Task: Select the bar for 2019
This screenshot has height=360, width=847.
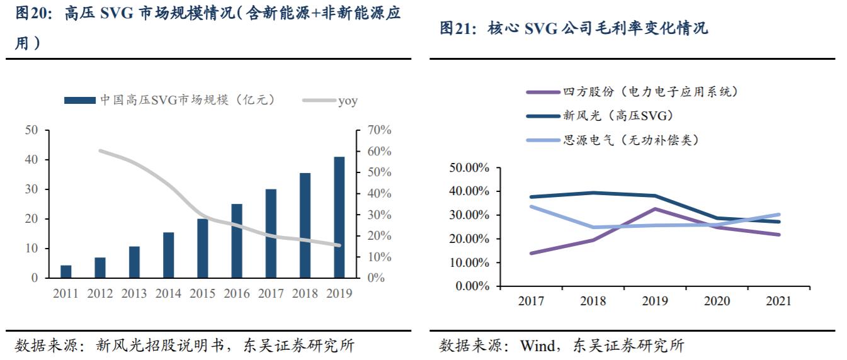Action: click(339, 217)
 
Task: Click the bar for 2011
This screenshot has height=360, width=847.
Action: click(66, 271)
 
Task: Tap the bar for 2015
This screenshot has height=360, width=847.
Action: click(202, 248)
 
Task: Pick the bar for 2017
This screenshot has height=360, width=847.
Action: click(271, 233)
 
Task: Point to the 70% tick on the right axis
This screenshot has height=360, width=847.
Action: click(378, 130)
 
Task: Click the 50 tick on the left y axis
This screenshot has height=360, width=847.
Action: click(31, 130)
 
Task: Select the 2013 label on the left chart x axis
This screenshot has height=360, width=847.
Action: click(134, 293)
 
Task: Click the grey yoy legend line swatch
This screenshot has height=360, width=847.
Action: click(318, 101)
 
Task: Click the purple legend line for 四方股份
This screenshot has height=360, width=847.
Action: click(543, 93)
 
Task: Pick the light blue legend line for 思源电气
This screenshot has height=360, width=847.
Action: click(543, 140)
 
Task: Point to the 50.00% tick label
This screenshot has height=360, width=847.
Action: click(469, 167)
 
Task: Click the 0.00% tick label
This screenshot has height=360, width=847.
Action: click(472, 286)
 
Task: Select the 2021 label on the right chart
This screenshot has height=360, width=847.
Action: click(778, 301)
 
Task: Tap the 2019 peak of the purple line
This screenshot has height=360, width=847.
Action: click(655, 209)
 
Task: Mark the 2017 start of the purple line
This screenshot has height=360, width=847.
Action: click(532, 253)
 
